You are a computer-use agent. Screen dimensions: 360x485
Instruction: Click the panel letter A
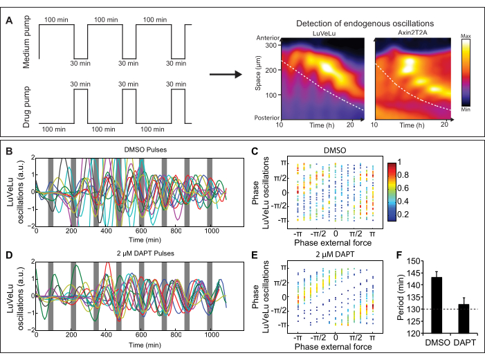point(8,21)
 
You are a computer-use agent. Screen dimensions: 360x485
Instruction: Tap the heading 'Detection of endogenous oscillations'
point(358,23)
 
